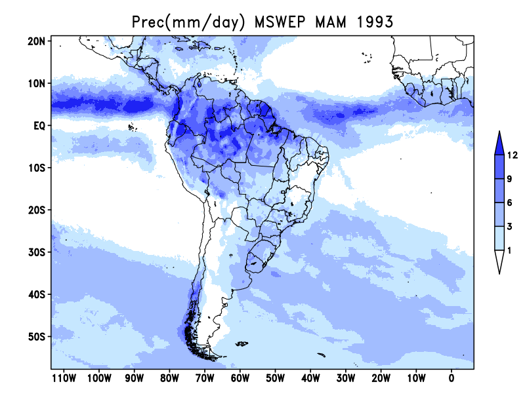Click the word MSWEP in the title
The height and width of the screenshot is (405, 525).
click(x=280, y=22)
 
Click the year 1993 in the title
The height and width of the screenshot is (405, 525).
click(x=374, y=22)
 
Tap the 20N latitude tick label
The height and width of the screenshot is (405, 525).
click(x=36, y=41)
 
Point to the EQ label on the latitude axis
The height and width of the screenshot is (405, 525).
click(x=39, y=126)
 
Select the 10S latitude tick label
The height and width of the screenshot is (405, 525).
click(x=36, y=168)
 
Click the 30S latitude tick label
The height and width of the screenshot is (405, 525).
click(x=36, y=252)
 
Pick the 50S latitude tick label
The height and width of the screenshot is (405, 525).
click(x=36, y=336)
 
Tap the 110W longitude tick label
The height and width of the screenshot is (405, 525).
click(x=64, y=378)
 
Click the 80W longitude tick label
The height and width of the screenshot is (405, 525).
click(x=169, y=378)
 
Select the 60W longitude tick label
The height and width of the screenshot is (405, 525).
click(x=240, y=378)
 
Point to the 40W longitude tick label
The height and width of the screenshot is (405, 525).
click(x=310, y=378)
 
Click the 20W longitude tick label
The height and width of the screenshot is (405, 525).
click(x=381, y=378)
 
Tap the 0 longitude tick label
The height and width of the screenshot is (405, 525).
click(x=451, y=378)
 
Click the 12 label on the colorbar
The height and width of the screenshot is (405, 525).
click(x=513, y=155)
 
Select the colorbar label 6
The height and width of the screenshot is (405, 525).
click(x=510, y=202)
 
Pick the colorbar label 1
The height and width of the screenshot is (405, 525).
click(x=510, y=250)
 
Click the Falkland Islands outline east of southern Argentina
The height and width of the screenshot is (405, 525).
click(x=241, y=344)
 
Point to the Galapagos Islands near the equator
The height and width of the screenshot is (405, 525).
click(x=133, y=127)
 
